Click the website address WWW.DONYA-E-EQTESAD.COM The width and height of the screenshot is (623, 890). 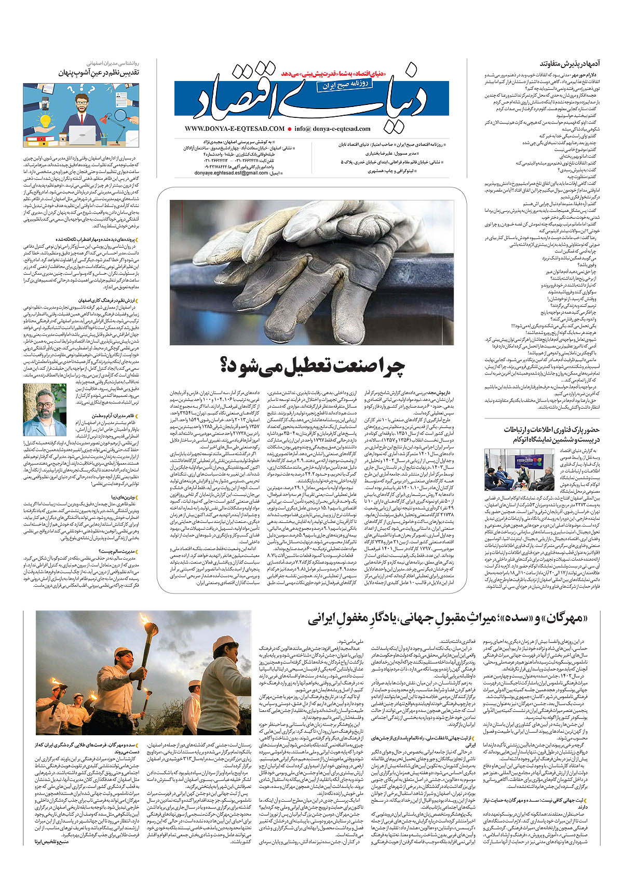pos(234,128)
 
